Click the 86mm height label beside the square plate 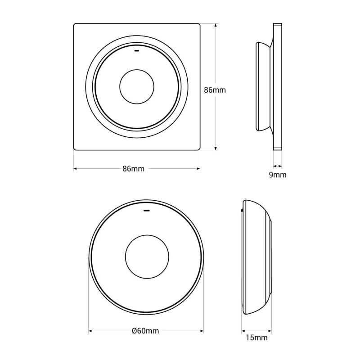click(215, 90)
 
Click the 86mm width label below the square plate click(133, 169)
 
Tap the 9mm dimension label click(277, 175)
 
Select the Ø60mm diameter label click(145, 331)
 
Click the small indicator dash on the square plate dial click(137, 50)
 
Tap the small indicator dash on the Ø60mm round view click(146, 210)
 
